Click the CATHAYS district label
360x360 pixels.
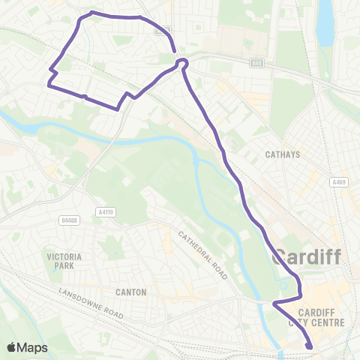pos(283,155)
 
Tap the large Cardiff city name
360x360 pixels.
pos(307,257)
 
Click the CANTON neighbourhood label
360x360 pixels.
pos(130,292)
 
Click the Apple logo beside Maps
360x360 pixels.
pos(12,347)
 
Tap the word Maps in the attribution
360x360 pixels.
pos(33,347)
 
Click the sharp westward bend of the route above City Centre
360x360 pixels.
pos(274,304)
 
